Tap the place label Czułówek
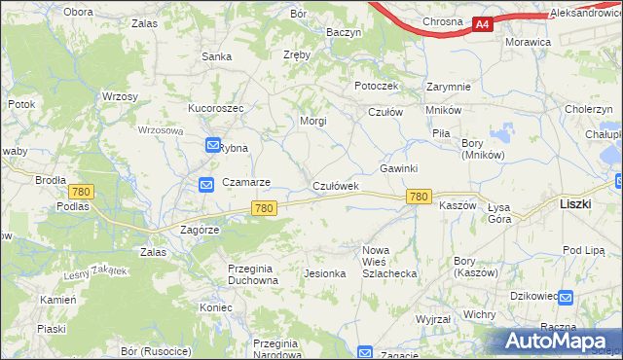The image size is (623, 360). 336,186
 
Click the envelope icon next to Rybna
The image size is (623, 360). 212,146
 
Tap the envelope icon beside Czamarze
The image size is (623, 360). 206,184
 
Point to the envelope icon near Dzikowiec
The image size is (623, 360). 567,297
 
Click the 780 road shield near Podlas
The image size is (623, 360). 81,192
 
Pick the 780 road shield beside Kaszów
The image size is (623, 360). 419,197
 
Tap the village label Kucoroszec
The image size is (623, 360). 215,107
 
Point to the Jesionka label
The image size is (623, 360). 325,273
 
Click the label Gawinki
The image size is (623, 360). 398,168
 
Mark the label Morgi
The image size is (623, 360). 312,122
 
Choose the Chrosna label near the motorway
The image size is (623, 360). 442,21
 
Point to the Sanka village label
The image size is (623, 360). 216,56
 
